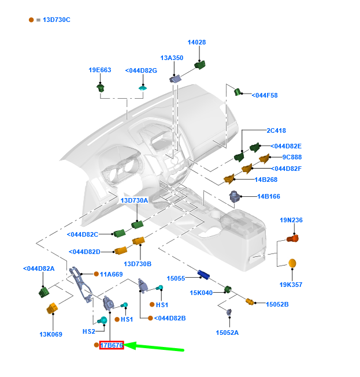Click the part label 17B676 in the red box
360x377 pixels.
point(112,345)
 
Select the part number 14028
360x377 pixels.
point(196,42)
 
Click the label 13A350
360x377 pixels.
point(172,58)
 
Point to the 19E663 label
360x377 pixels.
point(99,70)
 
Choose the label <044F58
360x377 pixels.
point(265,95)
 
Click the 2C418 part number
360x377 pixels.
point(276,130)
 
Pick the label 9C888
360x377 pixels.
point(292,157)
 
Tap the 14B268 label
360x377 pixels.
point(266,180)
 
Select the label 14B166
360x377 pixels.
point(269,196)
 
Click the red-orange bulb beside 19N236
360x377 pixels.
point(294,238)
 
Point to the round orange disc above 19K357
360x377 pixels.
point(292,263)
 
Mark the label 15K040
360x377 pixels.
point(201,293)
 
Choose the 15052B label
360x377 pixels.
point(277,304)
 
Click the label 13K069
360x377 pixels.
point(51,334)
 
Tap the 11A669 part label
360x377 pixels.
point(112,274)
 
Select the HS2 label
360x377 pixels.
point(89,331)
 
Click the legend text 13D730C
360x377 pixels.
point(57,20)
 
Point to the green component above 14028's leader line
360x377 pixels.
point(200,64)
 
